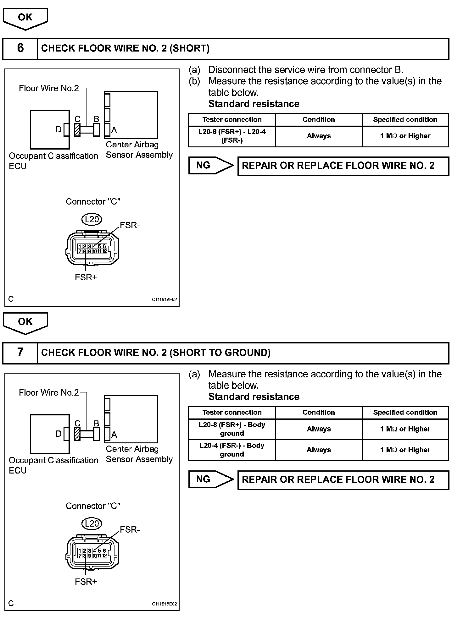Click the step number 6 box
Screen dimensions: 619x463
tap(20, 48)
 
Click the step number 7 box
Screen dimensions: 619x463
tap(20, 353)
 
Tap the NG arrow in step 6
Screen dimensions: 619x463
tap(211, 165)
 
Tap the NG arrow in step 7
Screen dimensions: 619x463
tap(211, 479)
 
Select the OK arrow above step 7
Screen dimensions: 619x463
tap(25, 322)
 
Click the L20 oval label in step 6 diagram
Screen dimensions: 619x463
tap(92, 219)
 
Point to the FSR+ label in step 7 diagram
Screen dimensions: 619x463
tap(86, 582)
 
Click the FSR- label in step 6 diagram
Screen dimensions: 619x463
tap(130, 225)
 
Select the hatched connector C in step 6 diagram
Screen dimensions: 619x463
tap(77, 129)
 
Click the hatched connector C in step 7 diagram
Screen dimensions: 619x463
tap(77, 434)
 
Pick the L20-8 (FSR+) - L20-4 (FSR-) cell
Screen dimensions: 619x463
tap(232, 136)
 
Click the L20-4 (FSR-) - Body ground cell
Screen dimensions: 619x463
tap(232, 450)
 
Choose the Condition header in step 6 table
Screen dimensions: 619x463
tap(319, 119)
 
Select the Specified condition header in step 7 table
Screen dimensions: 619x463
tap(405, 412)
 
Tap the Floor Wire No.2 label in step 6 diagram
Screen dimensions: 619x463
tap(49, 88)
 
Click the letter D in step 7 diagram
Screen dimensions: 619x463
tap(59, 434)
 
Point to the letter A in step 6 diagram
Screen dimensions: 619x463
tap(114, 130)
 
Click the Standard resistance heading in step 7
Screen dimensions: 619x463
tap(254, 397)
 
